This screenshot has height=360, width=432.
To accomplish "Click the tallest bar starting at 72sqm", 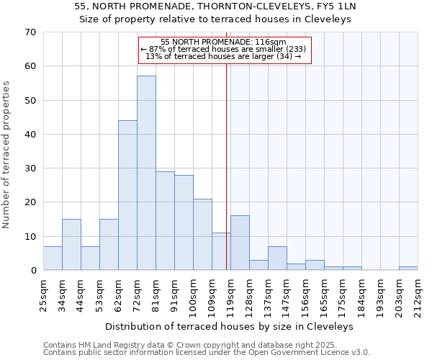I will (x=146, y=173).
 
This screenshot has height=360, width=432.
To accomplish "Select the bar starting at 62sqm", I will (x=127, y=195).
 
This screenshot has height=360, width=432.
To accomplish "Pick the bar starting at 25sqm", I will (x=53, y=258).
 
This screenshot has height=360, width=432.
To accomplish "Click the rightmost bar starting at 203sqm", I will (x=408, y=268).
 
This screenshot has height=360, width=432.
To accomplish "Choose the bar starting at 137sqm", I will (x=277, y=258).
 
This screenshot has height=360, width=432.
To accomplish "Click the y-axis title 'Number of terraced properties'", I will (x=6, y=154).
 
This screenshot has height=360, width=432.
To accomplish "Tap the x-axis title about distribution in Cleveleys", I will (x=230, y=326).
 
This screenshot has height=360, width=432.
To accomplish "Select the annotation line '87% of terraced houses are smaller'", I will (x=224, y=49).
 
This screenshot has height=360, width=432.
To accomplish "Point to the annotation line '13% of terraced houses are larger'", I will (x=224, y=56).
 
